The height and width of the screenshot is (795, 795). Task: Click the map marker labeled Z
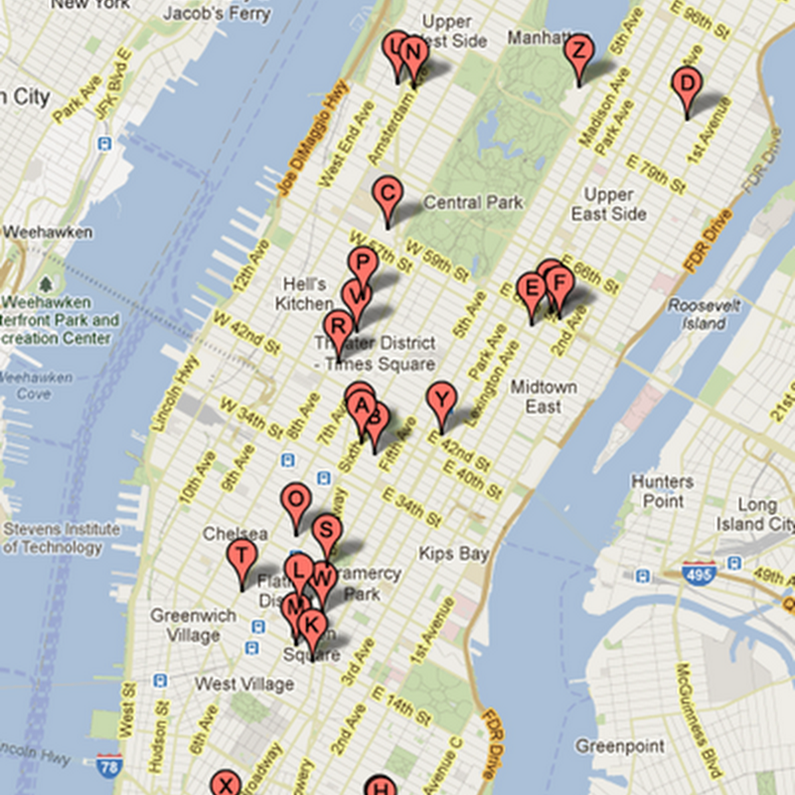tap(577, 52)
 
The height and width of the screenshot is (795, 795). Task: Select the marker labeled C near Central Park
tap(388, 194)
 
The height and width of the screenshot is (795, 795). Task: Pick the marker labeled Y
tap(441, 400)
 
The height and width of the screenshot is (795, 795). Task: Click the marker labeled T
tap(241, 556)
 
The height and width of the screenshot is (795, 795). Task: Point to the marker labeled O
tap(296, 500)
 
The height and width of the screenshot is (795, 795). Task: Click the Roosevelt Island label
tap(704, 314)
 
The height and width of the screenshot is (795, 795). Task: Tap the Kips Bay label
tap(453, 554)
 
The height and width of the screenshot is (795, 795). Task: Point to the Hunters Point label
tap(663, 491)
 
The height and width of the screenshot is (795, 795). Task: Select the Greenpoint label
tap(613, 745)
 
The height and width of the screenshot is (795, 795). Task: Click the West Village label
tap(243, 684)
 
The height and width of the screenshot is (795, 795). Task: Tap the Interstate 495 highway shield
tap(701, 574)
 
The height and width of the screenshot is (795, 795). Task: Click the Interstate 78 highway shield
tap(110, 765)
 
